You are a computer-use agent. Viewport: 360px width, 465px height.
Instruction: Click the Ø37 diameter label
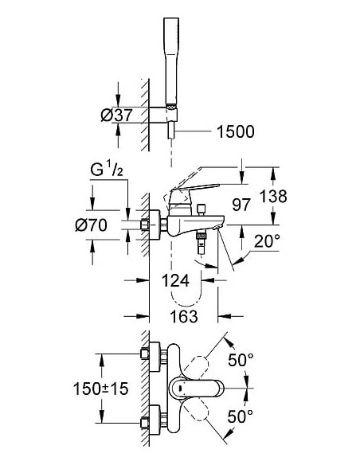click(x=117, y=115)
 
